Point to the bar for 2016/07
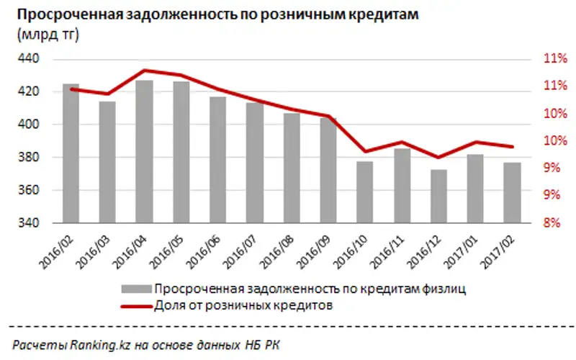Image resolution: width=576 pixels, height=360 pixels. point(255,163)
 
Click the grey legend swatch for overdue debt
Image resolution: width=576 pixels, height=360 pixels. point(131,289)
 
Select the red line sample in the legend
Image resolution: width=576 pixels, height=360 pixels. point(131,305)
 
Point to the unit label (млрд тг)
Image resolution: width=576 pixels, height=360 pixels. point(46,35)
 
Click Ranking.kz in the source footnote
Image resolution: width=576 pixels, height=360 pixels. point(86,344)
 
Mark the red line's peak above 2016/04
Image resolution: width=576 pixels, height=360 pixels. point(144,70)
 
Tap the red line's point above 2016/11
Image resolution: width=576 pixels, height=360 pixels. point(402,142)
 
